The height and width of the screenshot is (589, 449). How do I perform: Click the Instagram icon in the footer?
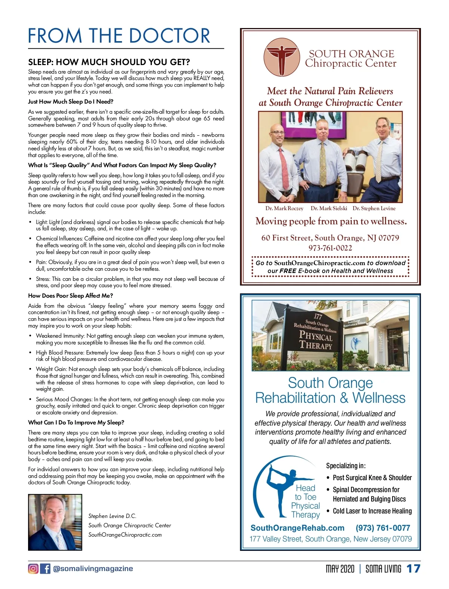tap(33, 568)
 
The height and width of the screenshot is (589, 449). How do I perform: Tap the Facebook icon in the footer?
tap(45, 568)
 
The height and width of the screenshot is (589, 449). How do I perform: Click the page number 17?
tap(413, 569)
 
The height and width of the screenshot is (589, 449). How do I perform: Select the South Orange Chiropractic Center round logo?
tap(282, 57)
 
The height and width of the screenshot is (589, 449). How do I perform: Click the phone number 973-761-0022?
tap(330, 248)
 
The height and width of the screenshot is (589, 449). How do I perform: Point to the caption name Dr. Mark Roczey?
tap(284, 208)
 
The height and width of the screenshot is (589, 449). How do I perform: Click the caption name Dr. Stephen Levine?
tap(374, 208)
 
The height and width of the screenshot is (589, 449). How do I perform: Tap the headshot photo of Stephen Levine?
tap(55, 522)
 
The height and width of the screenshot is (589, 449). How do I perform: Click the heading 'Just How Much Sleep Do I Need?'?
tap(71, 102)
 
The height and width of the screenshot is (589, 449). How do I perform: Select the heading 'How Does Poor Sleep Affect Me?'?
tap(70, 295)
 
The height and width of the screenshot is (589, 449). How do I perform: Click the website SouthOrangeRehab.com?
tap(297, 528)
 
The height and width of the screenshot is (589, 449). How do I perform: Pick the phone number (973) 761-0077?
tap(383, 528)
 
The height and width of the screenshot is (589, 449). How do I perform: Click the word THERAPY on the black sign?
tap(315, 345)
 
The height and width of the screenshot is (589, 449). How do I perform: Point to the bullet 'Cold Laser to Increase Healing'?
tap(372, 511)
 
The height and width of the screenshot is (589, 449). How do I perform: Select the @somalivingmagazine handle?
tap(93, 568)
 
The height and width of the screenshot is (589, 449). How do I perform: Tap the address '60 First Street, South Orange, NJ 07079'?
tap(330, 238)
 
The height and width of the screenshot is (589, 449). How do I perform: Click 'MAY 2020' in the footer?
tap(340, 569)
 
